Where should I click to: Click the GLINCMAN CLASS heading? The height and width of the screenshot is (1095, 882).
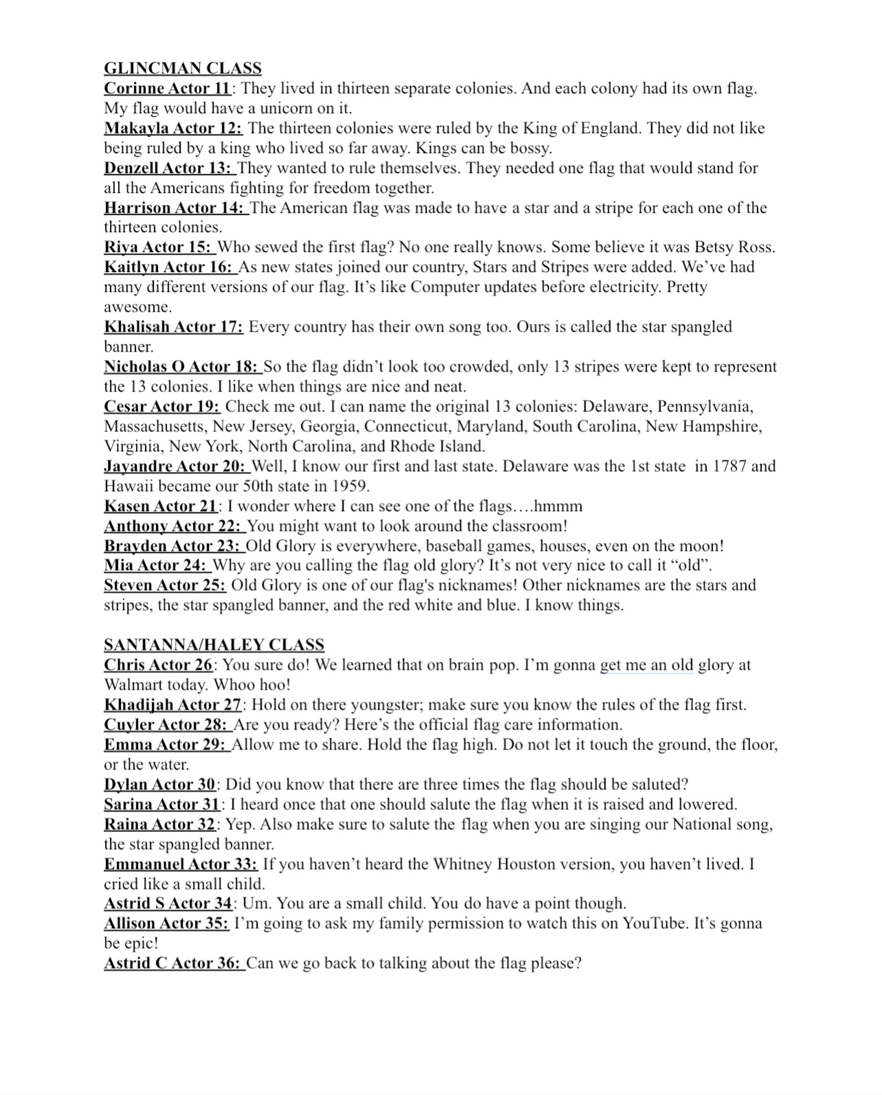coord(183,68)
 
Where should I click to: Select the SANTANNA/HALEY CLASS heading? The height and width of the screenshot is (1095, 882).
coord(214,644)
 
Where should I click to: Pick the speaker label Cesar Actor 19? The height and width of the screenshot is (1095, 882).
coord(161,407)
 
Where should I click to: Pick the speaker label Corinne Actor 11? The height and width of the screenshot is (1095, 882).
coord(167,89)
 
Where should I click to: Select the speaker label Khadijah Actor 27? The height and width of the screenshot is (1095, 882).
coord(172,705)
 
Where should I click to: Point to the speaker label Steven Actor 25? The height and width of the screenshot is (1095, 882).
coord(165,586)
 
